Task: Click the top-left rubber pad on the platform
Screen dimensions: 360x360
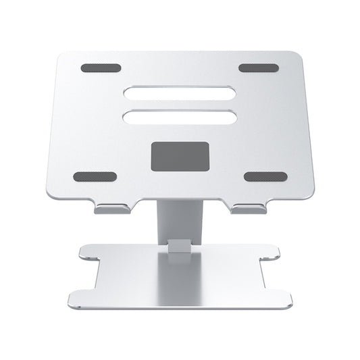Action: point(100,68)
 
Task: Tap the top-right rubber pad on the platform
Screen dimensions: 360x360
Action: point(258,68)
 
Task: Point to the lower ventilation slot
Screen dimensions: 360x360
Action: point(180,117)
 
